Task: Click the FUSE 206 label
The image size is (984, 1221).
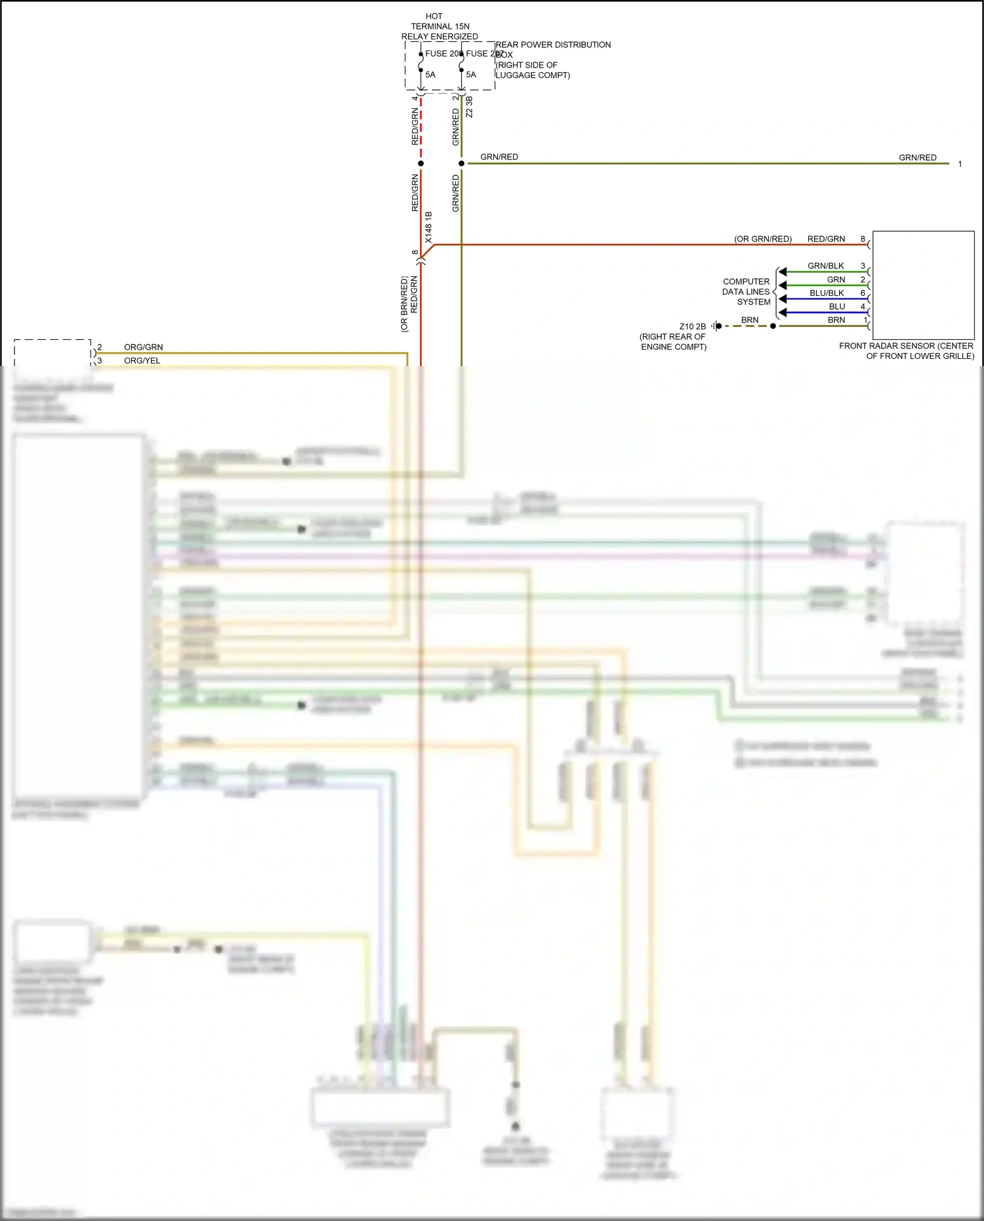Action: coord(443,54)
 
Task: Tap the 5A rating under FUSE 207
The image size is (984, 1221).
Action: coord(471,75)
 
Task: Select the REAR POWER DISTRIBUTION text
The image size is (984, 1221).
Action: coord(553,45)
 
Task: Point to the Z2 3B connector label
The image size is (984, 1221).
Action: coord(469,107)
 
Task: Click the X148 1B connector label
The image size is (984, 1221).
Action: coord(428,227)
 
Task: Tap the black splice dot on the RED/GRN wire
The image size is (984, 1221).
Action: coord(421,163)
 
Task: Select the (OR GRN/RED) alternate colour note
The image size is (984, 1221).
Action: coord(763,239)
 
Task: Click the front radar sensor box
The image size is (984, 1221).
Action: coord(923,285)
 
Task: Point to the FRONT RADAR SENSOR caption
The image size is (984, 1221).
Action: coord(907,351)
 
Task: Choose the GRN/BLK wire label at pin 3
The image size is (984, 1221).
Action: coord(826,266)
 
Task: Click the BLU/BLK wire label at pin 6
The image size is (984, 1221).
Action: coord(827,293)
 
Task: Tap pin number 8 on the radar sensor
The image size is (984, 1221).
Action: coord(863,239)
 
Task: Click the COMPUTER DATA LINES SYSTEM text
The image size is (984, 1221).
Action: coord(747,292)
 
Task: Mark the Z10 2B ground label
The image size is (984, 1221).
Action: coord(693,326)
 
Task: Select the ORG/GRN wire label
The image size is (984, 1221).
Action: coord(144,347)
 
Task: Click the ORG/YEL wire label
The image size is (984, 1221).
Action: coord(142,361)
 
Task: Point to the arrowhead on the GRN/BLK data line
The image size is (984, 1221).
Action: coord(783,272)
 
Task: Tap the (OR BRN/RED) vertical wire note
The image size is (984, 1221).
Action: coord(405,304)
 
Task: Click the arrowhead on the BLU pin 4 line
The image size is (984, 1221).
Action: coord(783,312)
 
